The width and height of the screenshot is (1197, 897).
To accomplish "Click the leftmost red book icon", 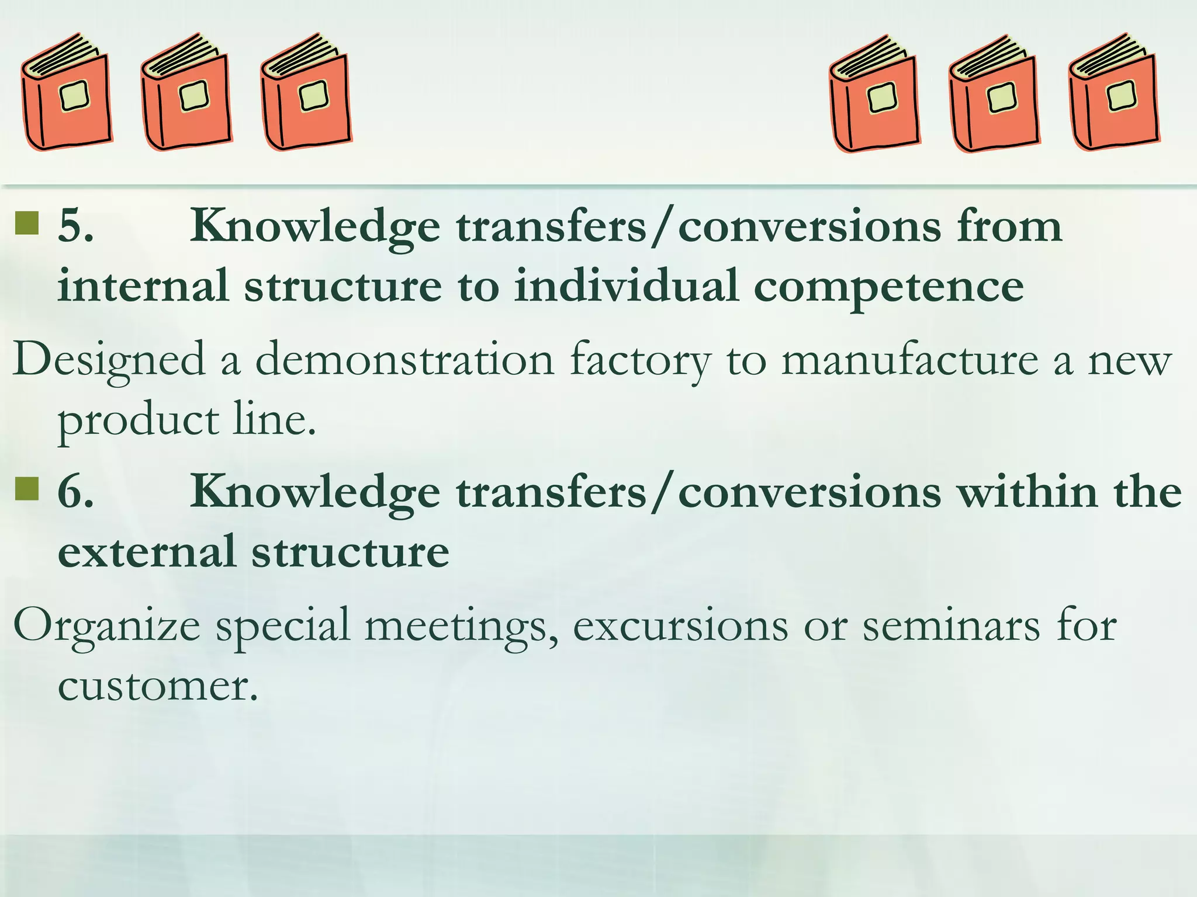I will pyautogui.click(x=66, y=93).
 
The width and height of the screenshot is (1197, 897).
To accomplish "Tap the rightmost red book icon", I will pyautogui.click(x=1114, y=93).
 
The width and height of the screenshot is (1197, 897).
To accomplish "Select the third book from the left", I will pyautogui.click(x=306, y=93).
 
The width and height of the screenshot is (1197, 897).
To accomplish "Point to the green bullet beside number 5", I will pyautogui.click(x=27, y=222).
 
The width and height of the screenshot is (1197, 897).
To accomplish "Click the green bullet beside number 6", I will pyautogui.click(x=27, y=489).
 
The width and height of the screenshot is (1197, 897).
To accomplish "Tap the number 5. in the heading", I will pyautogui.click(x=75, y=227).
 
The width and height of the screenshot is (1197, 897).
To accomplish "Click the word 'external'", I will pyautogui.click(x=146, y=552).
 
